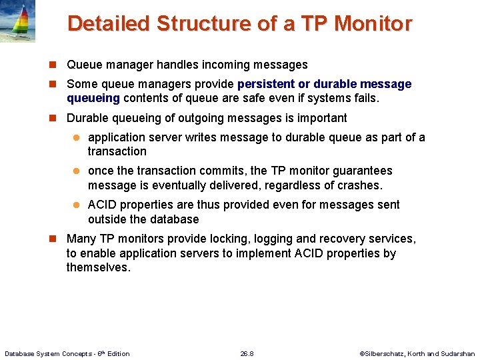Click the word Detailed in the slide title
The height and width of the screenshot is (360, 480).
[108, 23]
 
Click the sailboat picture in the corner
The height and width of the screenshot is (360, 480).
[17, 21]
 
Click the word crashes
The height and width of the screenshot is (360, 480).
[361, 185]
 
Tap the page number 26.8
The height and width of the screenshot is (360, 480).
[247, 353]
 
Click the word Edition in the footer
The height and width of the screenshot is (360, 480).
[117, 353]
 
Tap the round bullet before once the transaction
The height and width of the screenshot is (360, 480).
[76, 171]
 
